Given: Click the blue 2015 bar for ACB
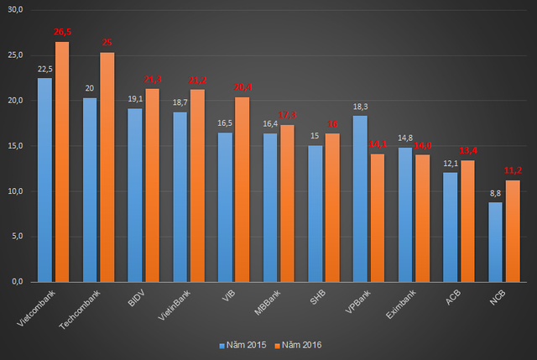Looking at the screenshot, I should pos(451,227).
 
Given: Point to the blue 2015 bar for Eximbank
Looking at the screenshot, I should pos(405,214).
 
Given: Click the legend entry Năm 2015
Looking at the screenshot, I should pos(244,345).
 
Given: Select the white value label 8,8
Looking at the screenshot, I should pos(495,194).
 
